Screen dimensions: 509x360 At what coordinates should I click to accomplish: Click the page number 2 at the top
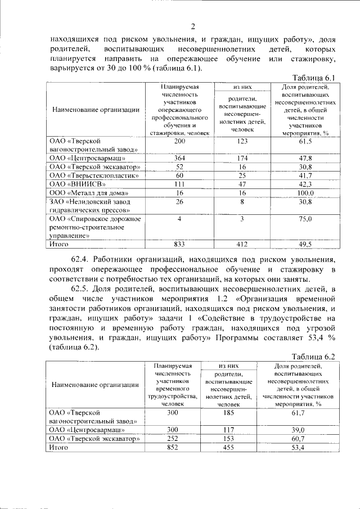click(x=192, y=26)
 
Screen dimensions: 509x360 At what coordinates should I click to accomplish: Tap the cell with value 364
click(x=179, y=159)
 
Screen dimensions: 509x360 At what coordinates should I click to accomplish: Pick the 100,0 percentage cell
click(x=306, y=193)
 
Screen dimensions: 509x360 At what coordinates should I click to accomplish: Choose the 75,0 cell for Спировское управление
click(x=306, y=219)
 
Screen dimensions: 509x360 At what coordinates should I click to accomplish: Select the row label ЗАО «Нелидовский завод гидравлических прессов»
click(x=89, y=205)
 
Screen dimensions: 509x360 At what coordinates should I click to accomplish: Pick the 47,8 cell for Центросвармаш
click(x=306, y=159)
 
